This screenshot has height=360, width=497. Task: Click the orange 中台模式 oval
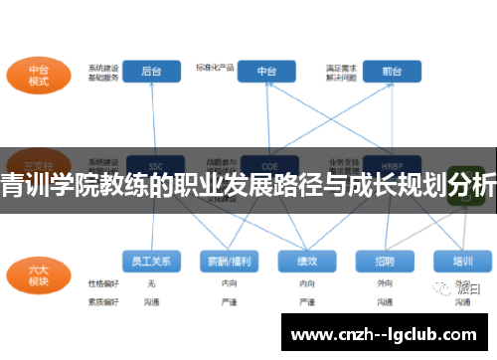click(38, 77)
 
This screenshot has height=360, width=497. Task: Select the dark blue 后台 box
click(152, 72)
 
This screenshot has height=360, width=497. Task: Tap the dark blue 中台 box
click(266, 72)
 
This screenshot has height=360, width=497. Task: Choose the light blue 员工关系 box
click(152, 262)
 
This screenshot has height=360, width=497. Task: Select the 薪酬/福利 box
click(228, 262)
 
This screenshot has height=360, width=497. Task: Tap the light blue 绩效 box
click(305, 262)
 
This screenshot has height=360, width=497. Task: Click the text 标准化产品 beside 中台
click(216, 68)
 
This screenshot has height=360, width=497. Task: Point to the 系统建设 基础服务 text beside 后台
click(103, 73)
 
